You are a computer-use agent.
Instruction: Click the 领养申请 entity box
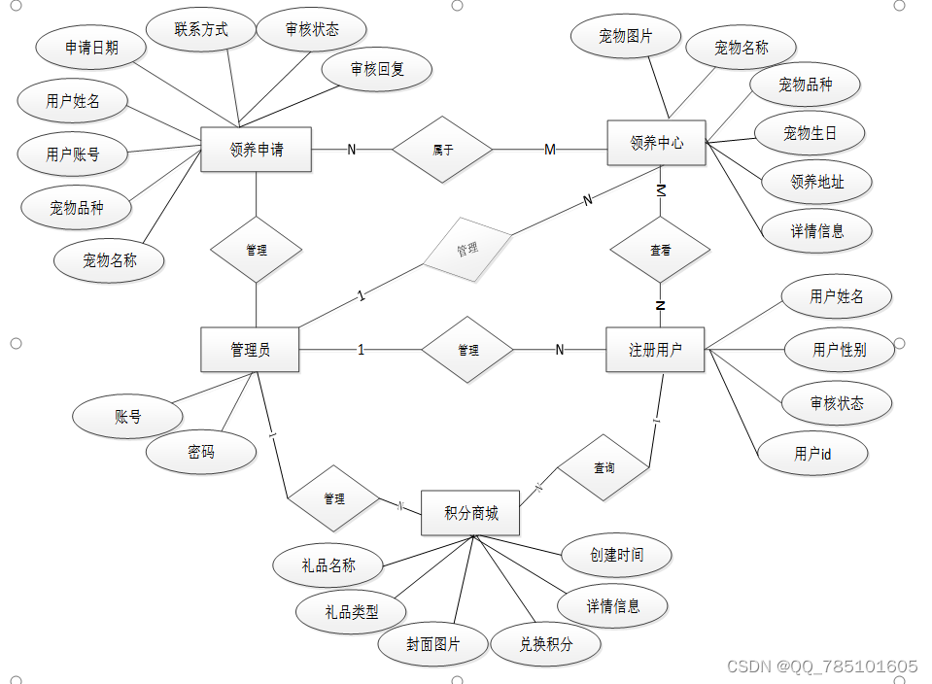(256, 150)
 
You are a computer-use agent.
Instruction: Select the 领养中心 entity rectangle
(656, 143)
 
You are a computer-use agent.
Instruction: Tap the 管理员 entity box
(250, 350)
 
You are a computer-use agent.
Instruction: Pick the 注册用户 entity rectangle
(655, 350)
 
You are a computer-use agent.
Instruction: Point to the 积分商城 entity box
(470, 513)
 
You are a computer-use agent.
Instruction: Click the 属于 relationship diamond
(442, 150)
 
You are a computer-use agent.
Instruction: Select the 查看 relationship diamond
(660, 251)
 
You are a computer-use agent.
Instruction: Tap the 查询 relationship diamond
(604, 467)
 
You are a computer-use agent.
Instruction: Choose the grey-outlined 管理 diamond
(467, 249)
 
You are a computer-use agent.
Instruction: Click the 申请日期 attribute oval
(91, 48)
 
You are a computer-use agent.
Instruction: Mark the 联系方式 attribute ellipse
(201, 30)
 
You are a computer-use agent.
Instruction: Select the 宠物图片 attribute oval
(625, 38)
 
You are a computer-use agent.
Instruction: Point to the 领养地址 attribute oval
(816, 182)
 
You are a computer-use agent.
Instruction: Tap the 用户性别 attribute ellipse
(839, 350)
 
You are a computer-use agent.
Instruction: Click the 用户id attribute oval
(812, 454)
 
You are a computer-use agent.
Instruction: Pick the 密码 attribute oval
(201, 452)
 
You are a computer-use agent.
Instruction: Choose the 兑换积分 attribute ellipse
(545, 644)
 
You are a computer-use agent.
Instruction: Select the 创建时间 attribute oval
(616, 555)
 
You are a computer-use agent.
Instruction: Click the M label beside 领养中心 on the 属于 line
(550, 150)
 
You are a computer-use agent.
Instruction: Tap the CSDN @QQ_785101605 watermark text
(821, 667)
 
